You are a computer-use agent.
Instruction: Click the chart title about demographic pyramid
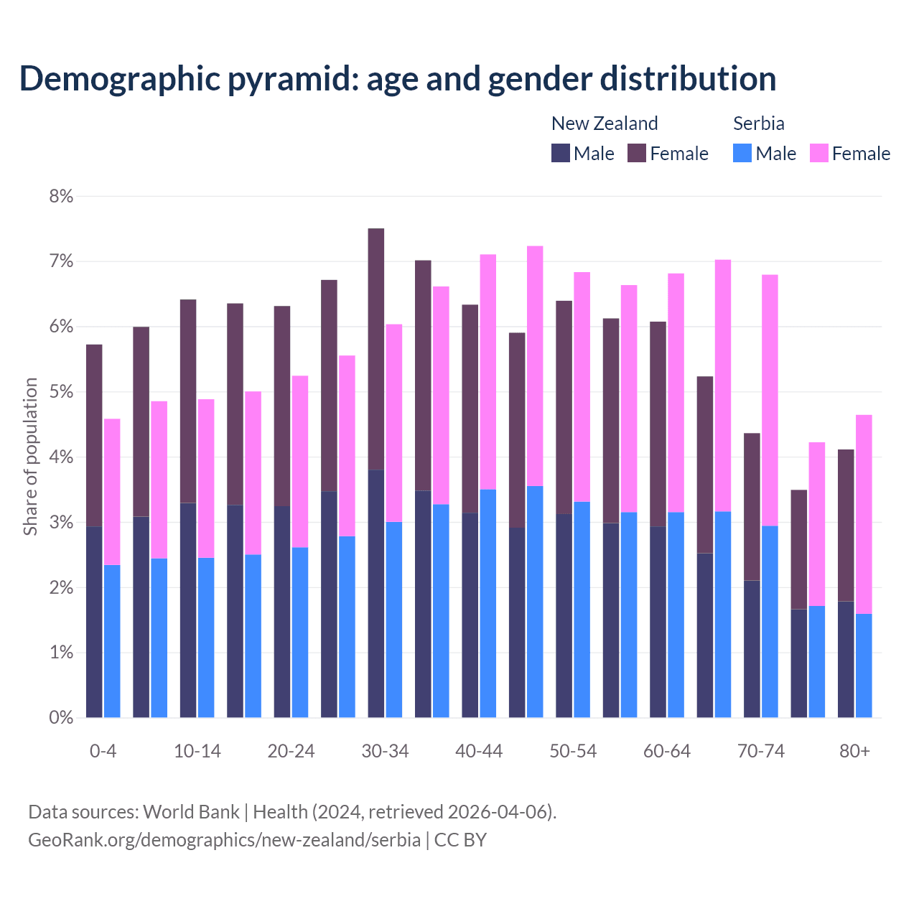398,79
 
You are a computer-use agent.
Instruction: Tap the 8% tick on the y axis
62,196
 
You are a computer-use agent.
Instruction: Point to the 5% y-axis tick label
62,392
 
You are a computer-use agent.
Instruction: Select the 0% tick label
62,718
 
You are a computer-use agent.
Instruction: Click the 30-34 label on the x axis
385,751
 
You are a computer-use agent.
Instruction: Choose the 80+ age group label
854,751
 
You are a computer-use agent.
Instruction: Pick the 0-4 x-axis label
103,751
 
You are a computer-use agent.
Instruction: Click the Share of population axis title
30,457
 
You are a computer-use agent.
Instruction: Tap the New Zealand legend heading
605,123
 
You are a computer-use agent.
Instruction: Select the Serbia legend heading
758,123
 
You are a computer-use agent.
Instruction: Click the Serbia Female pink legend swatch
818,153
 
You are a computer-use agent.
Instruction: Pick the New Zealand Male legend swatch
561,153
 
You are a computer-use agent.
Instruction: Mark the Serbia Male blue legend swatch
742,153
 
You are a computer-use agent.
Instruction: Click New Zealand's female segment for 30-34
375,349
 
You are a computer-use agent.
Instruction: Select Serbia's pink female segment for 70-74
770,400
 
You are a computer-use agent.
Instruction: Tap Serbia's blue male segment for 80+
864,666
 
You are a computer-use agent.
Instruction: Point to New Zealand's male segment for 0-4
94,622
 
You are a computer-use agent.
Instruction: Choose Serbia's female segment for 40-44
488,372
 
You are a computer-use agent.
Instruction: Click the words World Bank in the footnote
191,812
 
